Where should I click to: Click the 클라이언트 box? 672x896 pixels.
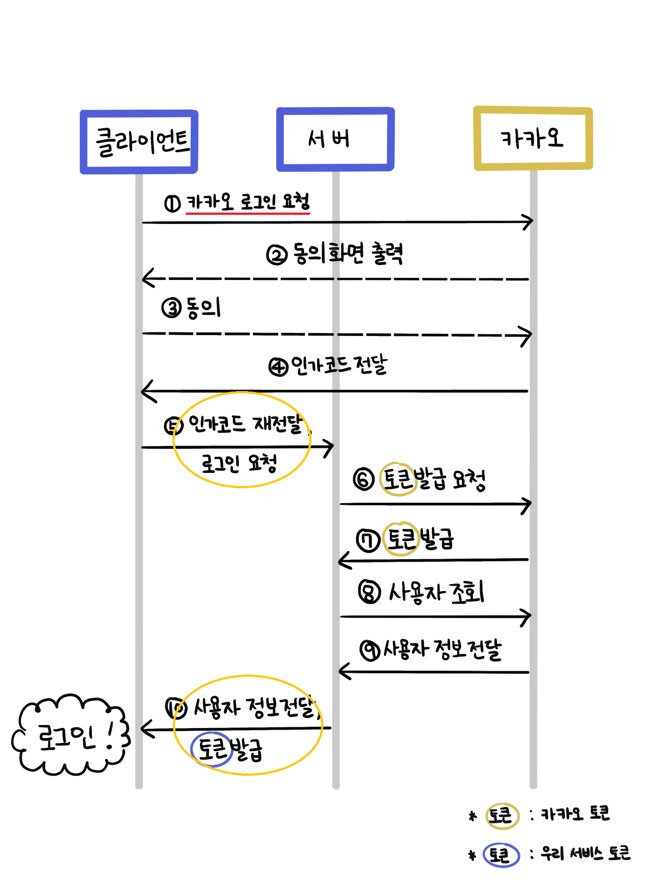139,142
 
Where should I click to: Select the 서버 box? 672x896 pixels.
336,139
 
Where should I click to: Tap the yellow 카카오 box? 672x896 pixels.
533,138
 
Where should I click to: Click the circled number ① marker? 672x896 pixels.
172,203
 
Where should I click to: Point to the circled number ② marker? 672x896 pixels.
276,255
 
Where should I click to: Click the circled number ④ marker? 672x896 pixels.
278,367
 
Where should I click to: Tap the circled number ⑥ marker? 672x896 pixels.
364,479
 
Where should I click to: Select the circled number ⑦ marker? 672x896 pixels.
367,540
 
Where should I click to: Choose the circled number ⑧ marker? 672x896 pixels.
369,592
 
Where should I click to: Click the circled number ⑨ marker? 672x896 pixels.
370,650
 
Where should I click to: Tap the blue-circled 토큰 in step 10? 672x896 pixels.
212,749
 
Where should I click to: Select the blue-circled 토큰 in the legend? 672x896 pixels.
501,855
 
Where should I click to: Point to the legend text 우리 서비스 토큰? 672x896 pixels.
585,853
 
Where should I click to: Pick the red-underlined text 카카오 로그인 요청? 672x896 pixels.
248,202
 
